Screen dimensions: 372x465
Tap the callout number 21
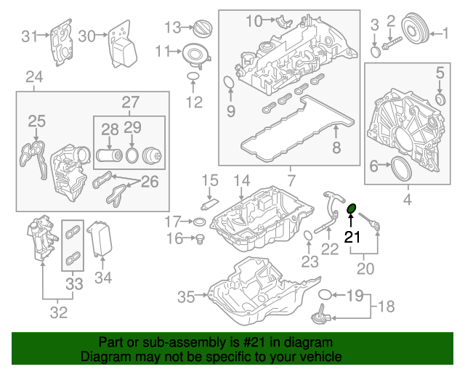point(352,237)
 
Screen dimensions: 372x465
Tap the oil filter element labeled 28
point(110,155)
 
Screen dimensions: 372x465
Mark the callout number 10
point(253,20)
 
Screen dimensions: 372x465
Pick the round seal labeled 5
point(440,98)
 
